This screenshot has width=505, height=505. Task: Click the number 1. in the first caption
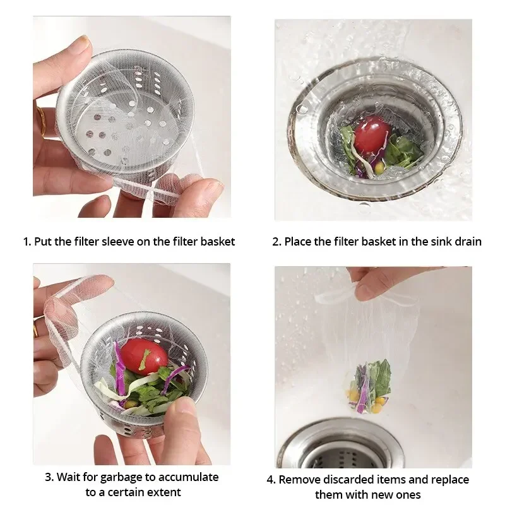pyautogui.click(x=27, y=241)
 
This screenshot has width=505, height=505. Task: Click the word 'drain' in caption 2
pyautogui.click(x=467, y=241)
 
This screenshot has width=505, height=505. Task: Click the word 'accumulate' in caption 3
pyautogui.click(x=188, y=477)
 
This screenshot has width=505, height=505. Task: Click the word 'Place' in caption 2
pyautogui.click(x=299, y=241)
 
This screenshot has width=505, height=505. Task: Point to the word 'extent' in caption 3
pyautogui.click(x=164, y=492)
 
